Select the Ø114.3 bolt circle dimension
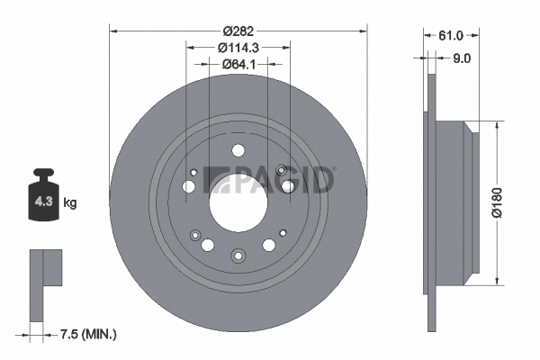tap(238, 47)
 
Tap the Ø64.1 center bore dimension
tap(238, 64)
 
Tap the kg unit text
tap(70, 203)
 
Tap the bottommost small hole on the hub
tap(238, 255)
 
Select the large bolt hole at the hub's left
tap(189, 186)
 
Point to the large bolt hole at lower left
tap(208, 244)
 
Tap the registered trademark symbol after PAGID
tap(334, 168)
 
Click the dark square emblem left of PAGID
tap(215, 179)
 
